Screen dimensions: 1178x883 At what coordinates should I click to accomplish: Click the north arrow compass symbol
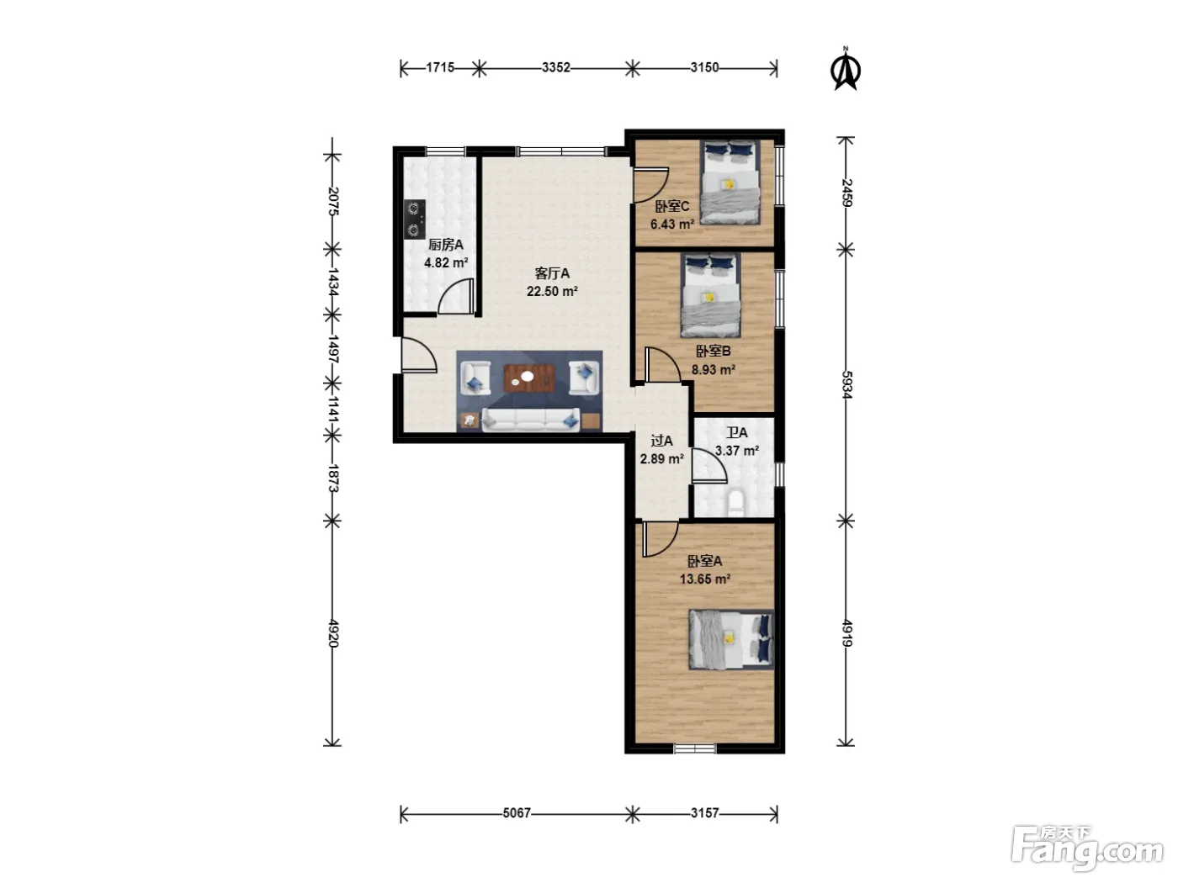(846, 70)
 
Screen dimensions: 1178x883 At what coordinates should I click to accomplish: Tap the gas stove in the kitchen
(414, 219)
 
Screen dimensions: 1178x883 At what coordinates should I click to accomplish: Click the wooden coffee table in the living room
(528, 378)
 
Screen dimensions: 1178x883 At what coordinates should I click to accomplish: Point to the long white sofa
(530, 420)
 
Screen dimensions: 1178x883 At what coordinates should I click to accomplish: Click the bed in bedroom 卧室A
(731, 639)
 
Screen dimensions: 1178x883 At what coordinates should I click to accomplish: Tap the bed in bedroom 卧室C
(730, 182)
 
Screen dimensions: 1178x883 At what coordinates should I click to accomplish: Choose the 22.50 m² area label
(552, 291)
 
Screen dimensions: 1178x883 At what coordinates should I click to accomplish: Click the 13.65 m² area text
(704, 579)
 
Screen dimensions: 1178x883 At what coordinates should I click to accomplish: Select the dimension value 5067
(517, 812)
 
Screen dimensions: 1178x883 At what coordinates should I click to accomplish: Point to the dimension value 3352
(555, 67)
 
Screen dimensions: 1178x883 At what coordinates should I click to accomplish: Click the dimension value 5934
(846, 384)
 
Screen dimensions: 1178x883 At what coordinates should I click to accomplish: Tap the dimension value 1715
(440, 67)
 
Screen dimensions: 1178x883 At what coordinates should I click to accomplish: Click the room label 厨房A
(445, 245)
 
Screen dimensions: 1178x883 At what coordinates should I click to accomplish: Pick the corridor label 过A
(661, 441)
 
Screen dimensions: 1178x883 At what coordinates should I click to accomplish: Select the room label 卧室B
(714, 352)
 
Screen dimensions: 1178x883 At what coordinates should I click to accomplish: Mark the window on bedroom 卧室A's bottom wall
(694, 748)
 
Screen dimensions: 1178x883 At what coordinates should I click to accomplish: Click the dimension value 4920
(333, 633)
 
